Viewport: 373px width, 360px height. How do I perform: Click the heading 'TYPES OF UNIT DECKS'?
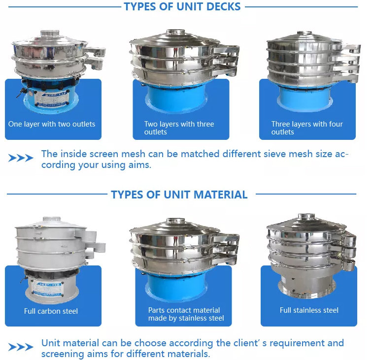(x=182, y=6)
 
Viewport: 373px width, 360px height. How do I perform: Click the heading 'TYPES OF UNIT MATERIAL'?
(x=179, y=195)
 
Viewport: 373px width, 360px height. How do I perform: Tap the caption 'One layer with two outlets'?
(x=52, y=124)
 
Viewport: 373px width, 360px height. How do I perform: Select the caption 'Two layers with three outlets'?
(x=179, y=128)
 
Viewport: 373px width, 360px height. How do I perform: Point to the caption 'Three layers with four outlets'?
(x=307, y=128)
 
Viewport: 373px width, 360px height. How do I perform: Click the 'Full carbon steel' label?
(x=51, y=311)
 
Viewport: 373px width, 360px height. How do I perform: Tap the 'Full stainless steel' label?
(x=309, y=310)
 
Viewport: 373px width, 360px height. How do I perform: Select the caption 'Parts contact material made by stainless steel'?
(x=186, y=314)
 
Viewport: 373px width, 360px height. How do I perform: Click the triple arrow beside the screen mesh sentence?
(x=21, y=158)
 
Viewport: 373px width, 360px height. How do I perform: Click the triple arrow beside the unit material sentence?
(x=21, y=347)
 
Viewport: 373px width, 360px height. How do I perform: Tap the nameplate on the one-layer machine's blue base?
(x=52, y=98)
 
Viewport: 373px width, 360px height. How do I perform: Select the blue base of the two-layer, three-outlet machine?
(x=176, y=98)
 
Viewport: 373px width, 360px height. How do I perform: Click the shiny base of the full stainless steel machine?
(x=307, y=285)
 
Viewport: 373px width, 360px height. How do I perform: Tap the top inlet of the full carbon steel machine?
(x=52, y=219)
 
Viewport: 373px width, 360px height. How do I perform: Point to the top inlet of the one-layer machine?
(x=50, y=33)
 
